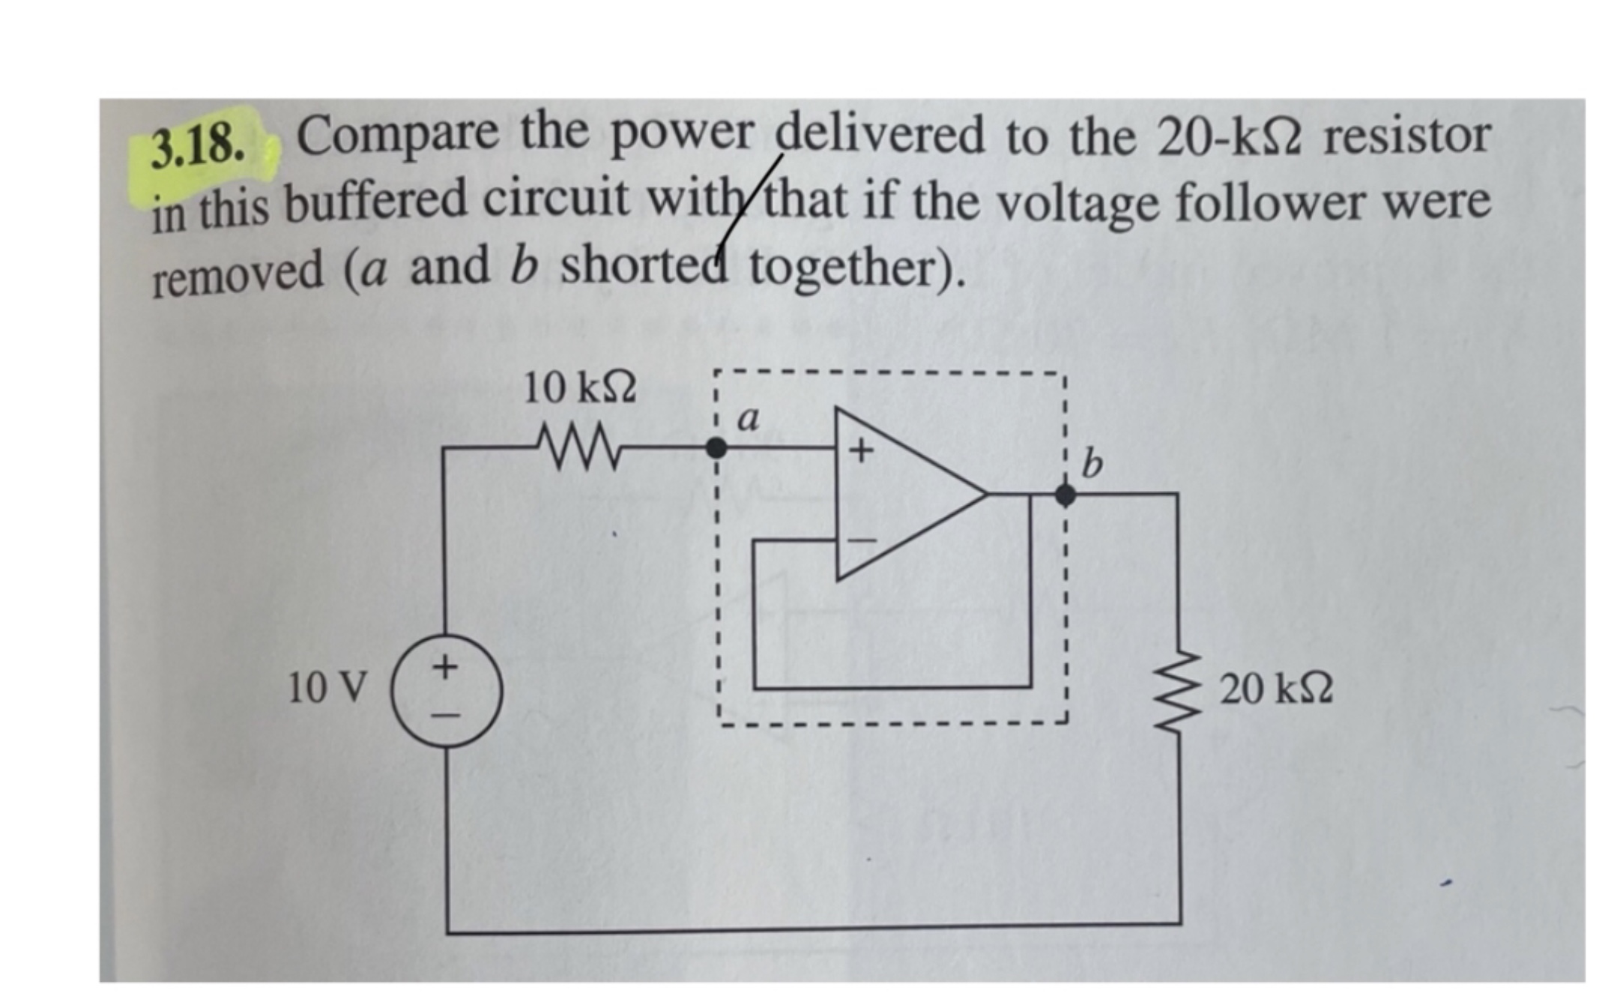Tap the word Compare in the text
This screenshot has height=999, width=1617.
(x=397, y=136)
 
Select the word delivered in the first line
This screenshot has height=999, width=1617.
(x=880, y=136)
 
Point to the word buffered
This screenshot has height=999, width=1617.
(x=381, y=200)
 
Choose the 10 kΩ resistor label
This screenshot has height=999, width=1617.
(x=579, y=388)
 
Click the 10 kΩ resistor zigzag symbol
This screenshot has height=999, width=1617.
(x=579, y=447)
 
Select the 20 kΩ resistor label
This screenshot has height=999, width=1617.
(x=1276, y=688)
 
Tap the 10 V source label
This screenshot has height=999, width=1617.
(x=327, y=687)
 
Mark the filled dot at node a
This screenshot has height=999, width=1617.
(x=716, y=448)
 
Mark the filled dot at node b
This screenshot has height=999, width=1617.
(x=1065, y=495)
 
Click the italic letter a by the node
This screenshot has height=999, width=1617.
(x=748, y=419)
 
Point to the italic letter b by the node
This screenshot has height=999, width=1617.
(x=1092, y=465)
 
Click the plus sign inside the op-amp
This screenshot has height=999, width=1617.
(x=861, y=451)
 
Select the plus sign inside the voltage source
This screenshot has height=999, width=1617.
(x=446, y=666)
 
